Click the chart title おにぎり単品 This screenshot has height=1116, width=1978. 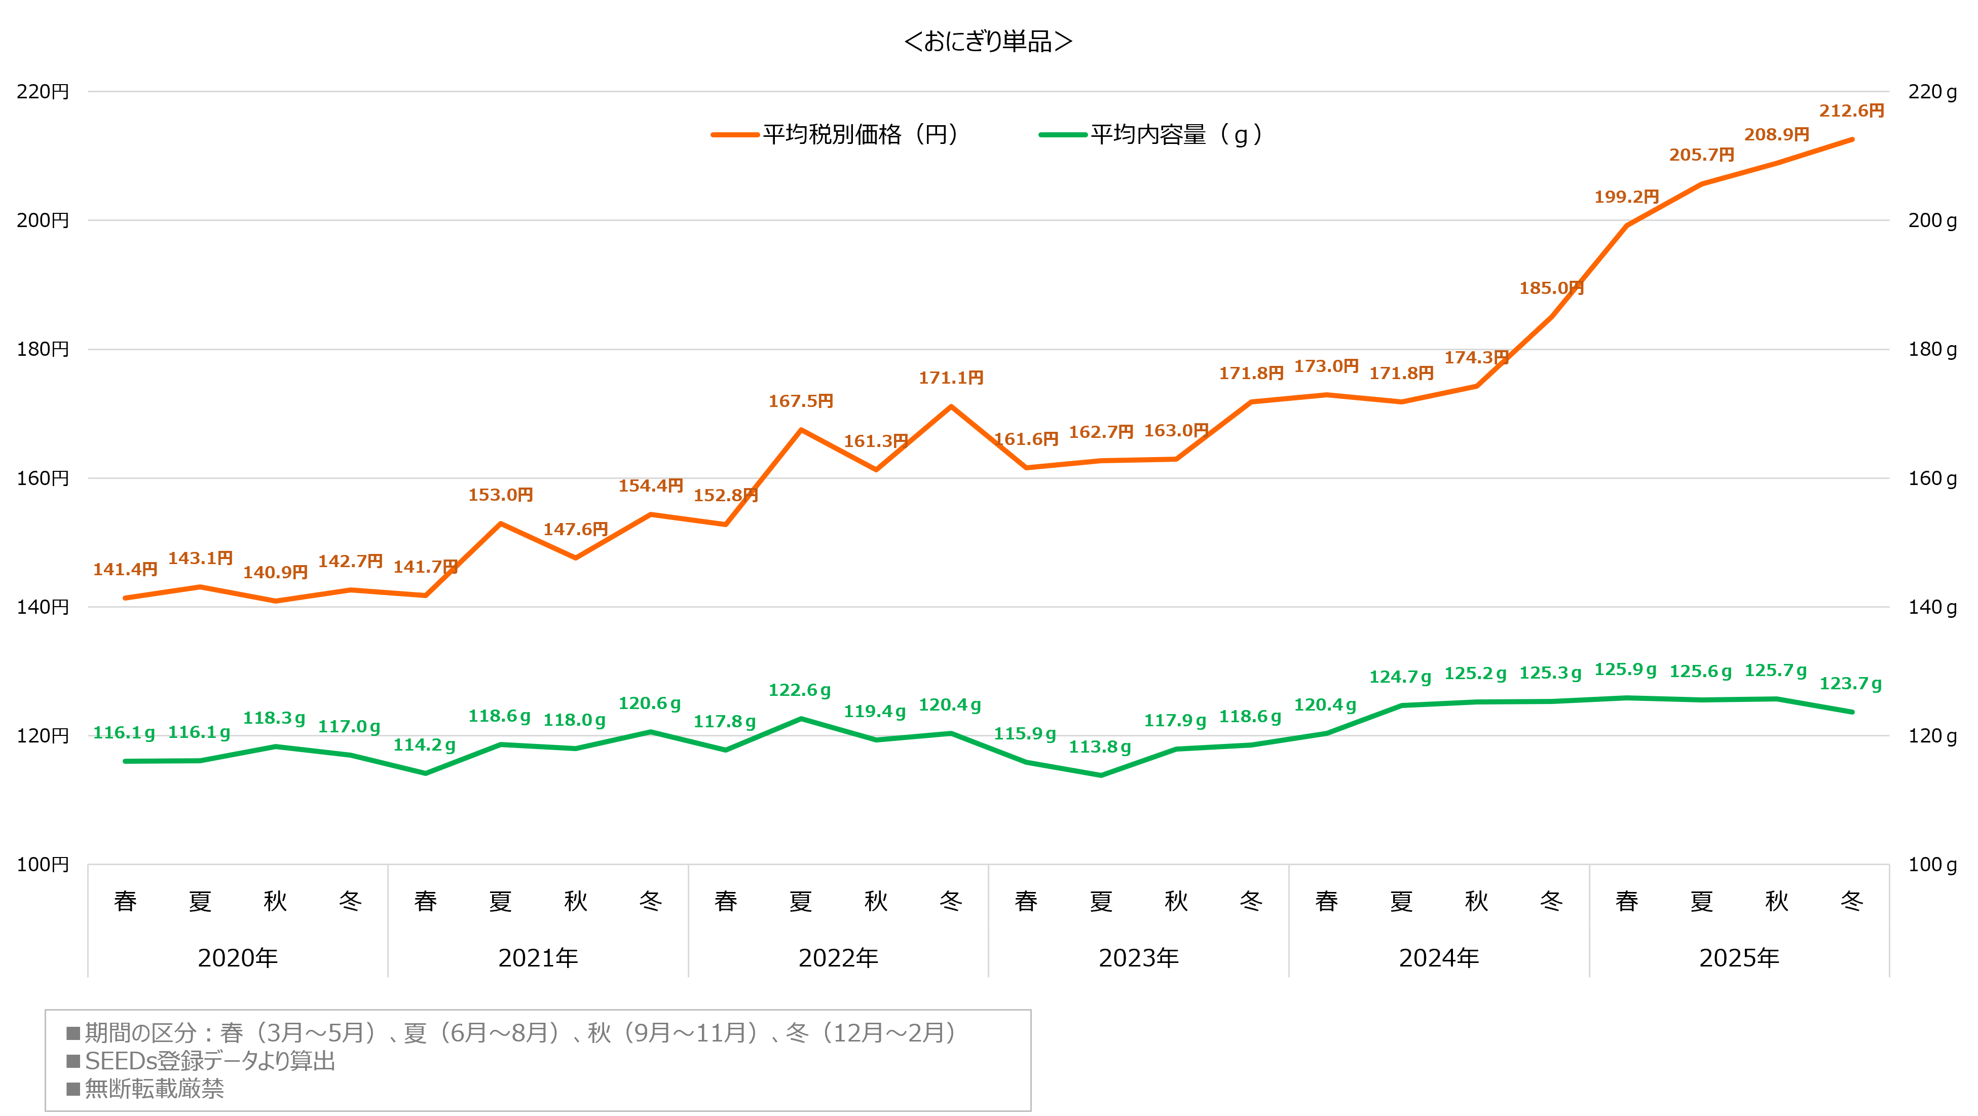coord(988,42)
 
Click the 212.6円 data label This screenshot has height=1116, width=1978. coord(1851,110)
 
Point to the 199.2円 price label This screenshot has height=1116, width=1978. coord(1626,197)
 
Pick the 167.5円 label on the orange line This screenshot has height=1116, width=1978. coord(801,401)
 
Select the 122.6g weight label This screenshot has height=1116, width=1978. coord(799,690)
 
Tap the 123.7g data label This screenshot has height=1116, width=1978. coord(1850,684)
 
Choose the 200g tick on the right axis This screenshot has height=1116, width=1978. coord(1932,220)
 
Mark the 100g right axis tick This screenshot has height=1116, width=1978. coord(1932,865)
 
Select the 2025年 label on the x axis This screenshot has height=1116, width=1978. coord(1739,958)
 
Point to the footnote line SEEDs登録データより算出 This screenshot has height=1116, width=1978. coord(210,1061)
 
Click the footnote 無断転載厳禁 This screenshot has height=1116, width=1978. coord(154,1088)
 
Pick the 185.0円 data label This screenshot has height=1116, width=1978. coord(1551,288)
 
